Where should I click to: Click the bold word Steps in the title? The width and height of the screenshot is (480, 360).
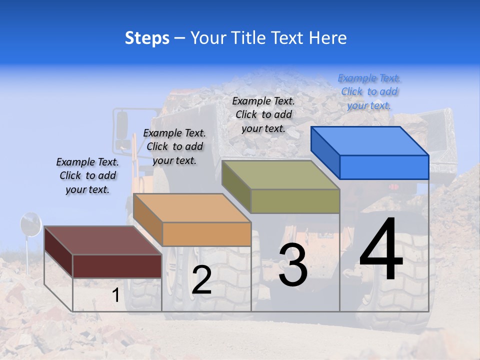[147, 38]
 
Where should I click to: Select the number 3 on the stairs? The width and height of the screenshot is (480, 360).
[293, 266]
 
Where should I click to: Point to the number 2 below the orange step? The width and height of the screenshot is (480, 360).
[201, 280]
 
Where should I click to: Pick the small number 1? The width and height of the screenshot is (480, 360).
[115, 295]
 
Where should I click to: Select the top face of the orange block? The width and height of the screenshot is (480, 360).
[192, 208]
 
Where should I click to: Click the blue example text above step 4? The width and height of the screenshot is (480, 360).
[369, 91]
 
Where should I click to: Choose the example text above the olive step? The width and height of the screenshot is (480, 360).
[263, 114]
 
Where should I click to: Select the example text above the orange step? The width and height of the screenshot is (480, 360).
[174, 146]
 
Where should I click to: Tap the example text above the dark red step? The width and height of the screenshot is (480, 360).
[87, 175]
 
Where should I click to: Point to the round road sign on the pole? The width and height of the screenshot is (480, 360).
[30, 224]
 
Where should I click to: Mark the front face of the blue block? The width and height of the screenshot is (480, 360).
[384, 167]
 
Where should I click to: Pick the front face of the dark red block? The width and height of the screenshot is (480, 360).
[117, 265]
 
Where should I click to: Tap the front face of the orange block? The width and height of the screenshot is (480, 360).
[206, 234]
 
